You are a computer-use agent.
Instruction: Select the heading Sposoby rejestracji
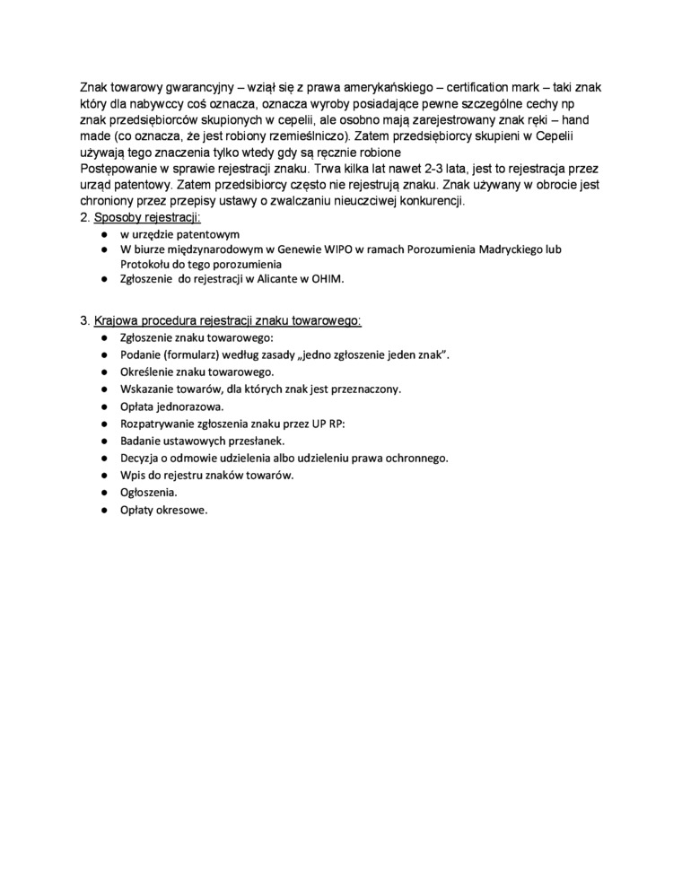[x=147, y=217]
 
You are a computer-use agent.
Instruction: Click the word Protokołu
[x=146, y=264]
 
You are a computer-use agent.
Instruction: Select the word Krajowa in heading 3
[x=118, y=320]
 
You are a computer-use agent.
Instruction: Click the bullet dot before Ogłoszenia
[x=104, y=492]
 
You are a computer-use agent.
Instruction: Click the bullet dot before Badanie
[x=104, y=441]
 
